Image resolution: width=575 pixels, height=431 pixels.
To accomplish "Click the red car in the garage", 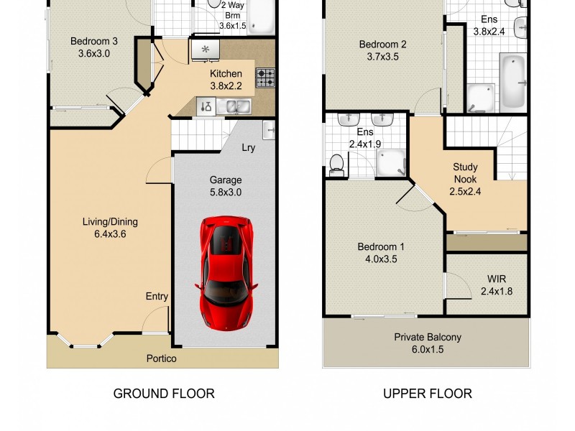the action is click(226, 273).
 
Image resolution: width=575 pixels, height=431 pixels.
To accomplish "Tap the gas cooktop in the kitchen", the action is click(265, 78).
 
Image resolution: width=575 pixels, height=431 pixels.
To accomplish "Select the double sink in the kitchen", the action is click(234, 106).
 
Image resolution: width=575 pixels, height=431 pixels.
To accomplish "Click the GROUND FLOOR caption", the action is click(164, 394).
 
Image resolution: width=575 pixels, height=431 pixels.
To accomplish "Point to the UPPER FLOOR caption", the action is click(428, 394).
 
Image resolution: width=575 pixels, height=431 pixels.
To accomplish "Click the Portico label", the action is click(161, 358).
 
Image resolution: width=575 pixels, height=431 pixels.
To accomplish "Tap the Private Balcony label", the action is click(428, 337).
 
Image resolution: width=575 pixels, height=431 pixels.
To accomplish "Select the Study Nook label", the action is click(465, 173).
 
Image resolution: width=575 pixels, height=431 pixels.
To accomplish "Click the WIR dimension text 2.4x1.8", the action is click(497, 292).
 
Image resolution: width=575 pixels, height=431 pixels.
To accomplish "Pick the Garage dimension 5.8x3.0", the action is click(226, 192).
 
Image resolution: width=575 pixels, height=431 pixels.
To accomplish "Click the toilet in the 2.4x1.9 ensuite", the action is click(336, 165).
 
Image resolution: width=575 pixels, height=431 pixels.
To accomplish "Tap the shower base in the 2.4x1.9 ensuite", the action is click(391, 162).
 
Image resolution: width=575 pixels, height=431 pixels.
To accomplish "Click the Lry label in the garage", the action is click(248, 148).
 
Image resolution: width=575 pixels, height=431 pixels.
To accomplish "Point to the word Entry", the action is click(157, 297).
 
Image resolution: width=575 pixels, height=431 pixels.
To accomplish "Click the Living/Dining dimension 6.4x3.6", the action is click(110, 234).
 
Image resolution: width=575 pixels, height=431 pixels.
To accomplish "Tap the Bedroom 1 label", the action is click(381, 246).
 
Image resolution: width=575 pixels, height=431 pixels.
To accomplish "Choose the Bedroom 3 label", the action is click(94, 41).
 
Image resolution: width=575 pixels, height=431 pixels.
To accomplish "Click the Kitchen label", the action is click(226, 74).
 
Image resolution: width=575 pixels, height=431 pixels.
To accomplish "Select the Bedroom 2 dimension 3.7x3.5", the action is click(382, 57).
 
